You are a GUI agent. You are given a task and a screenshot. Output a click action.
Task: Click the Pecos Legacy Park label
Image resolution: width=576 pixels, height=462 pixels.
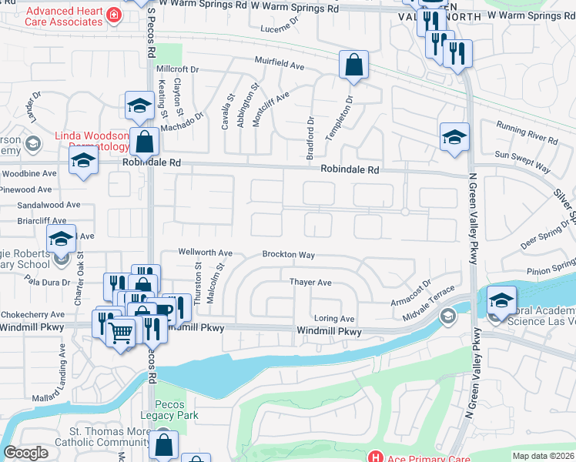(176, 410)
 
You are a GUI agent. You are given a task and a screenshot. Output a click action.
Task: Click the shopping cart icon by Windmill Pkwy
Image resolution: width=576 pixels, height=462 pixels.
(120, 333)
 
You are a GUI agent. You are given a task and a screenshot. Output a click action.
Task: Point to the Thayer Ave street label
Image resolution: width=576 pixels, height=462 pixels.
(310, 283)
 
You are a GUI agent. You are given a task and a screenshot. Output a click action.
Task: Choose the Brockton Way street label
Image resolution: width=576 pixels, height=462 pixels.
(289, 254)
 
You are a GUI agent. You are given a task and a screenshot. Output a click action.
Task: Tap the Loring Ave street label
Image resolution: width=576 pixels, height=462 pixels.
(333, 318)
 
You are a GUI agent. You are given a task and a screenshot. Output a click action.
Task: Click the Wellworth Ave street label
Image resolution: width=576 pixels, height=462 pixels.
(205, 252)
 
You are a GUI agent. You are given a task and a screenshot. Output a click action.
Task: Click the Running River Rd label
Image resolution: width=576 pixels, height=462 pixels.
(527, 132)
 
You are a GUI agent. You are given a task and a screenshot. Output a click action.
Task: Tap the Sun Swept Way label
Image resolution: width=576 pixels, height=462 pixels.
(523, 161)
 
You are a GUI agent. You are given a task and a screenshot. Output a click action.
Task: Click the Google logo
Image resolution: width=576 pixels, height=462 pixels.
(25, 453)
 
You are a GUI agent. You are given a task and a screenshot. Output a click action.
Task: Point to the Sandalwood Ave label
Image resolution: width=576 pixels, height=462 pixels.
(49, 206)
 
